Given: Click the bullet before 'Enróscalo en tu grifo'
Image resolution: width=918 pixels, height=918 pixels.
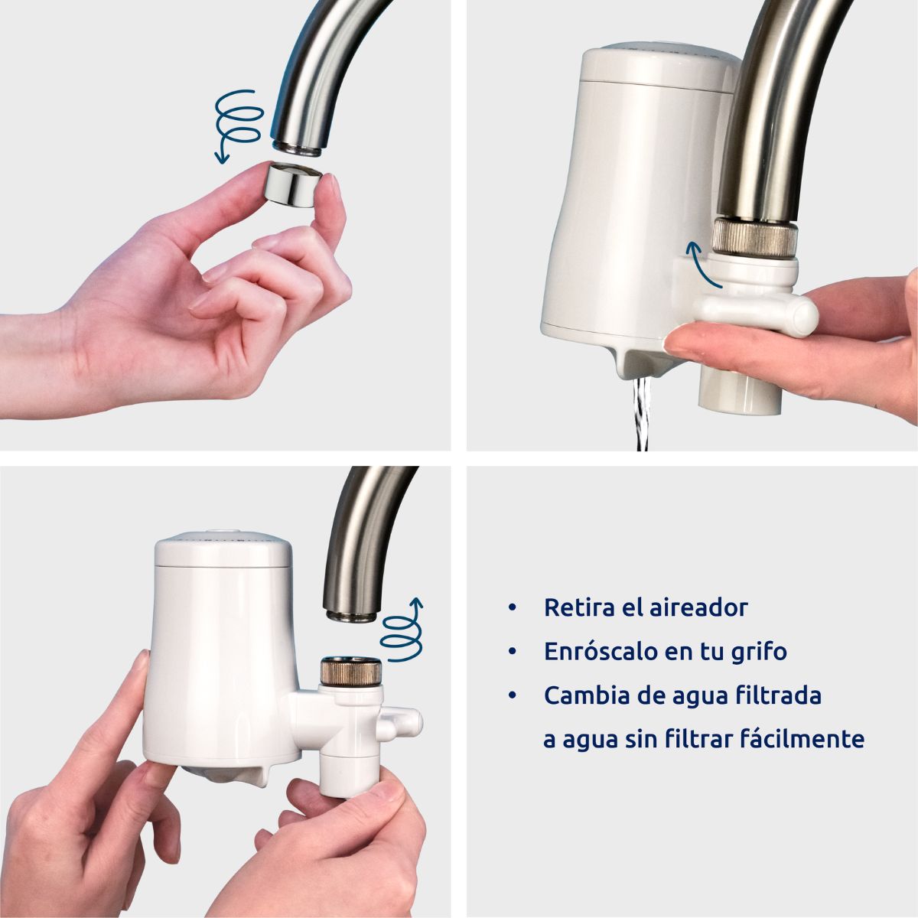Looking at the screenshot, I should tap(512, 652).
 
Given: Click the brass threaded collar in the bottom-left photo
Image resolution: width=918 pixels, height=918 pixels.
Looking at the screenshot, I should tap(350, 672).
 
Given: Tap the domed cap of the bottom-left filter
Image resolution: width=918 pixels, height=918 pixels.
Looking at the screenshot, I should tap(222, 548).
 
